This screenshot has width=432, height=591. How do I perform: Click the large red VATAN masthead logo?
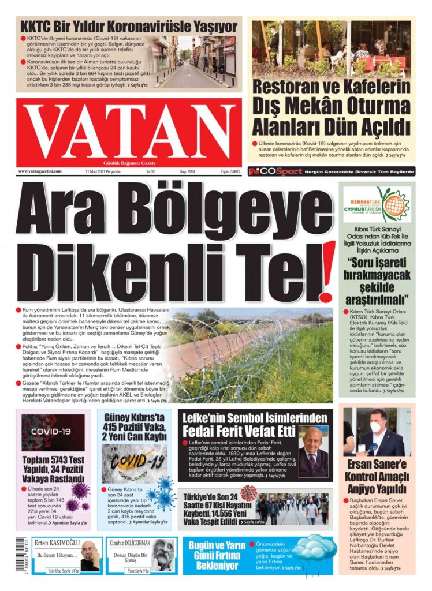pyautogui.click(x=128, y=132)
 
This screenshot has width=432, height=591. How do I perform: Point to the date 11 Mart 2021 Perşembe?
pyautogui.click(x=102, y=171)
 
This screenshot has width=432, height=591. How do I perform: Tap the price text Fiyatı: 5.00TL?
pyautogui.click(x=230, y=171)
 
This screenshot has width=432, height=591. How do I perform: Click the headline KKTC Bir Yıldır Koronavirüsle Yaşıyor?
pyautogui.click(x=128, y=27)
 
